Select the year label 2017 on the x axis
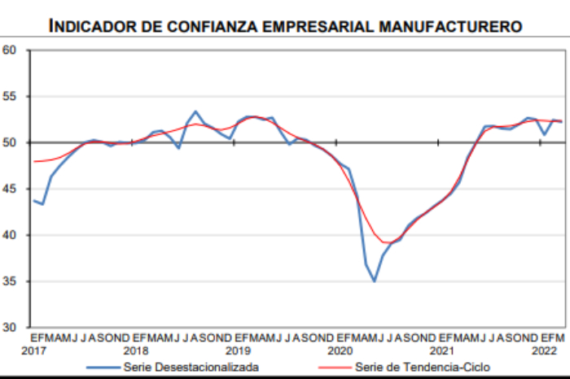33,351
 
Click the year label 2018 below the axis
135,351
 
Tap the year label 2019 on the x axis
238,351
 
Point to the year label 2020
340,351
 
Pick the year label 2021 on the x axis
441,351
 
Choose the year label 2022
544,351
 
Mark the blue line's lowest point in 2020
374,281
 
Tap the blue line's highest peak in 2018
195,111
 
